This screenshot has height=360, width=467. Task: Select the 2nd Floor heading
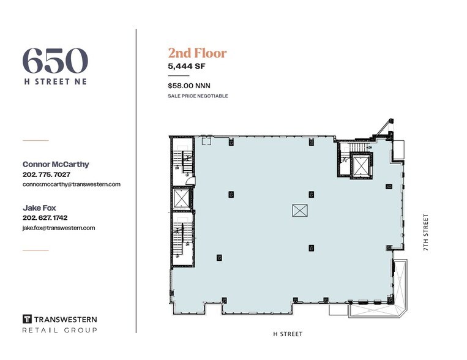(197, 53)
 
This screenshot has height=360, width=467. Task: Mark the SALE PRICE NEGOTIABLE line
(198, 96)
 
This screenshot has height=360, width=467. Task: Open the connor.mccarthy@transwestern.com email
(71, 184)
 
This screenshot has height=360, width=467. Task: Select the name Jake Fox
(39, 208)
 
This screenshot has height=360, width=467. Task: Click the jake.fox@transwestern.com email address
(59, 228)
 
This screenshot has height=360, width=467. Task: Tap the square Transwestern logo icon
(27, 319)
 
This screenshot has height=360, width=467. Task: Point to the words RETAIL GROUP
(59, 330)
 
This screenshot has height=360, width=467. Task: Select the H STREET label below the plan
(287, 334)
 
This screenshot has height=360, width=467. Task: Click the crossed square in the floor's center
(300, 210)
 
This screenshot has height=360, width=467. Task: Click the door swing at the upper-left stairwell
(190, 180)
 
